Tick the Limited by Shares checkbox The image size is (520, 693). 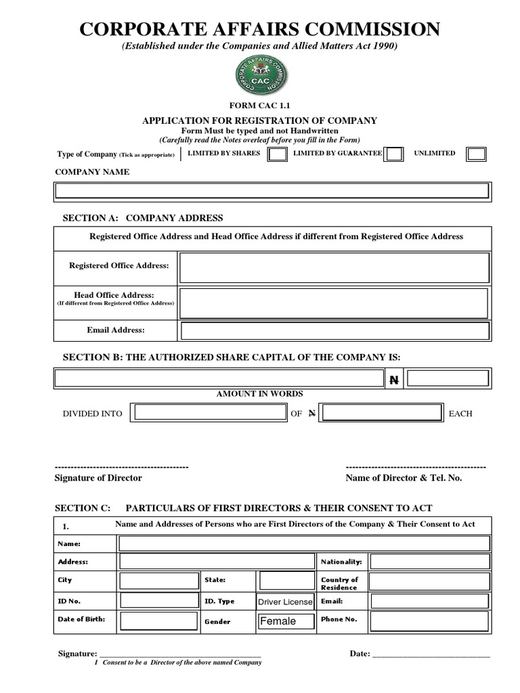click(276, 154)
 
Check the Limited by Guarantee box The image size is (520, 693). click(394, 154)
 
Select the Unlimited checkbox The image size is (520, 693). click(476, 154)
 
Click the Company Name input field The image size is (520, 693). click(272, 191)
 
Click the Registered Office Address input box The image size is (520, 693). click(334, 267)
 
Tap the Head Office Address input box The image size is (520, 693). click(334, 303)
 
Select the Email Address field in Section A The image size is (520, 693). click(334, 331)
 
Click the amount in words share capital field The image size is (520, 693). click(219, 379)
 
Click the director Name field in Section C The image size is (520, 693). click(304, 543)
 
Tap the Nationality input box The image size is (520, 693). click(429, 562)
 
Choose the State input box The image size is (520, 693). click(286, 581)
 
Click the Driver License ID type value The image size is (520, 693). click(285, 602)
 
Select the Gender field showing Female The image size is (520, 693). click(285, 621)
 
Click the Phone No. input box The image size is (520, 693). click(429, 620)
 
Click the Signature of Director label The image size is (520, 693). click(98, 478)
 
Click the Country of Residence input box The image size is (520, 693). click(429, 582)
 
